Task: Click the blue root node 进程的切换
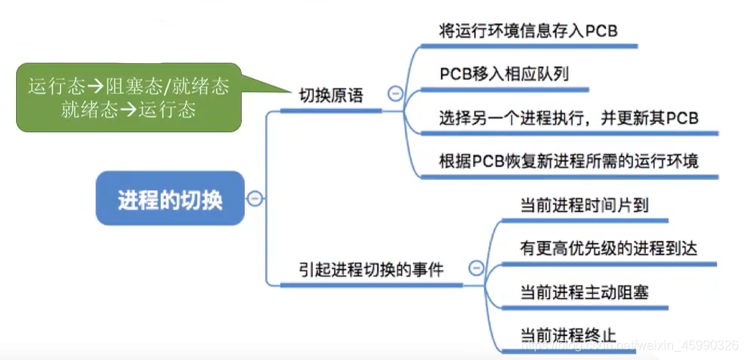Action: (169, 198)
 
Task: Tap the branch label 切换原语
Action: (331, 97)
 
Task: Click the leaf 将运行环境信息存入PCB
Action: (529, 31)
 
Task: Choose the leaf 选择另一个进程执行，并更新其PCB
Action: (568, 118)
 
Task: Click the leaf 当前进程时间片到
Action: (584, 204)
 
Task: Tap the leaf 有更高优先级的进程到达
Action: (608, 248)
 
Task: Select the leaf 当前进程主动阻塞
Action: (584, 292)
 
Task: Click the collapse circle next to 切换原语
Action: (395, 94)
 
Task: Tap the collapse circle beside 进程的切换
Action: (255, 198)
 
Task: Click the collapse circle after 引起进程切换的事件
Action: (476, 268)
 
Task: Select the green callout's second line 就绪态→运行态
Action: (128, 110)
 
